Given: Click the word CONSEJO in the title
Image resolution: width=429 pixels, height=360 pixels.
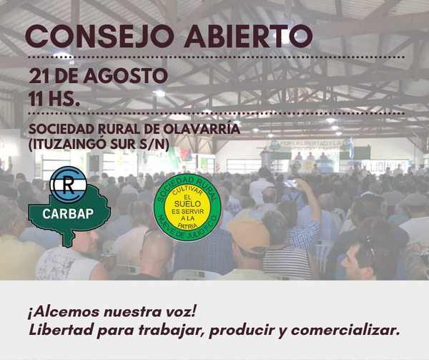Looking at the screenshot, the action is pyautogui.click(x=100, y=37).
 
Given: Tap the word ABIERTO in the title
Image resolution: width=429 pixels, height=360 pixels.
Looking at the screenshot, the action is pyautogui.click(x=248, y=37).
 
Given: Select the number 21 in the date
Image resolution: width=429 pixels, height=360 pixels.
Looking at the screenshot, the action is pyautogui.click(x=39, y=76).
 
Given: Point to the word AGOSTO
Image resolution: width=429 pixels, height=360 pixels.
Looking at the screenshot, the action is pyautogui.click(x=125, y=76).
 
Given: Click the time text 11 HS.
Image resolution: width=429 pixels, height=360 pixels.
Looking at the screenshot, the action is pyautogui.click(x=54, y=99).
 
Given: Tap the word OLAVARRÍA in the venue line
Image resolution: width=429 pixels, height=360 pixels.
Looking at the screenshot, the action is pyautogui.click(x=202, y=130).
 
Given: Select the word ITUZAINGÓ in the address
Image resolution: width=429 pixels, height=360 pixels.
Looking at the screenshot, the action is pyautogui.click(x=69, y=145).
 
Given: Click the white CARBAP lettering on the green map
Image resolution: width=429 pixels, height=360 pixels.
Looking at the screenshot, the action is pyautogui.click(x=68, y=214).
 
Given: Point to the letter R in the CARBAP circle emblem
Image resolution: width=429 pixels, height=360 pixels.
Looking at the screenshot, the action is pyautogui.click(x=68, y=185).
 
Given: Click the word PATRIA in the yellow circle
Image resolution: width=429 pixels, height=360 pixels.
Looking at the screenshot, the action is pyautogui.click(x=187, y=226).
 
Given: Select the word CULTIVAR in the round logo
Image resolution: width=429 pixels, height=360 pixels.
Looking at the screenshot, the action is pyautogui.click(x=187, y=191).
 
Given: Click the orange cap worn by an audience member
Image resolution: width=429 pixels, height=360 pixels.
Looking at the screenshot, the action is pyautogui.click(x=249, y=235).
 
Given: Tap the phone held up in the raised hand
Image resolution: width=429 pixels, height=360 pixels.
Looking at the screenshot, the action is pyautogui.click(x=290, y=183).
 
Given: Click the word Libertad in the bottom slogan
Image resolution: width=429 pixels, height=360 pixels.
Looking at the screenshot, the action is pyautogui.click(x=61, y=330).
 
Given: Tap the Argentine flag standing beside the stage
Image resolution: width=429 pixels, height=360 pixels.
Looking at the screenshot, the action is pyautogui.click(x=352, y=147).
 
